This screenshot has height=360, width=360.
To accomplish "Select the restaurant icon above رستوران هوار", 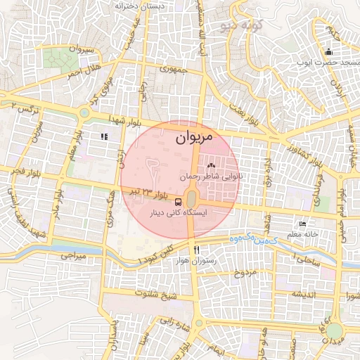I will [x=197, y=249].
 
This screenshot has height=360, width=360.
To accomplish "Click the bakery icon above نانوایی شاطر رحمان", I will [x=211, y=166].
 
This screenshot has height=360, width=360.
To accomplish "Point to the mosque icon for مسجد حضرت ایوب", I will [x=328, y=52].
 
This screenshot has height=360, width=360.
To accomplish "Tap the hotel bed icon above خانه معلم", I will [x=302, y=223].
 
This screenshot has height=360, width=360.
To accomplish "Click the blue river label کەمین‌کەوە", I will [x=253, y=240].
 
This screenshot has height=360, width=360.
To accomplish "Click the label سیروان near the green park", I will [x=79, y=49].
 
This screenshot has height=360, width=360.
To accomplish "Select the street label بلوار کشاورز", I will [x=304, y=151].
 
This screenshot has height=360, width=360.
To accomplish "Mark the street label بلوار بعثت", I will [x=240, y=108].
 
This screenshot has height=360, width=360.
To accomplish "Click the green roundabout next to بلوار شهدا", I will [x=85, y=112].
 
